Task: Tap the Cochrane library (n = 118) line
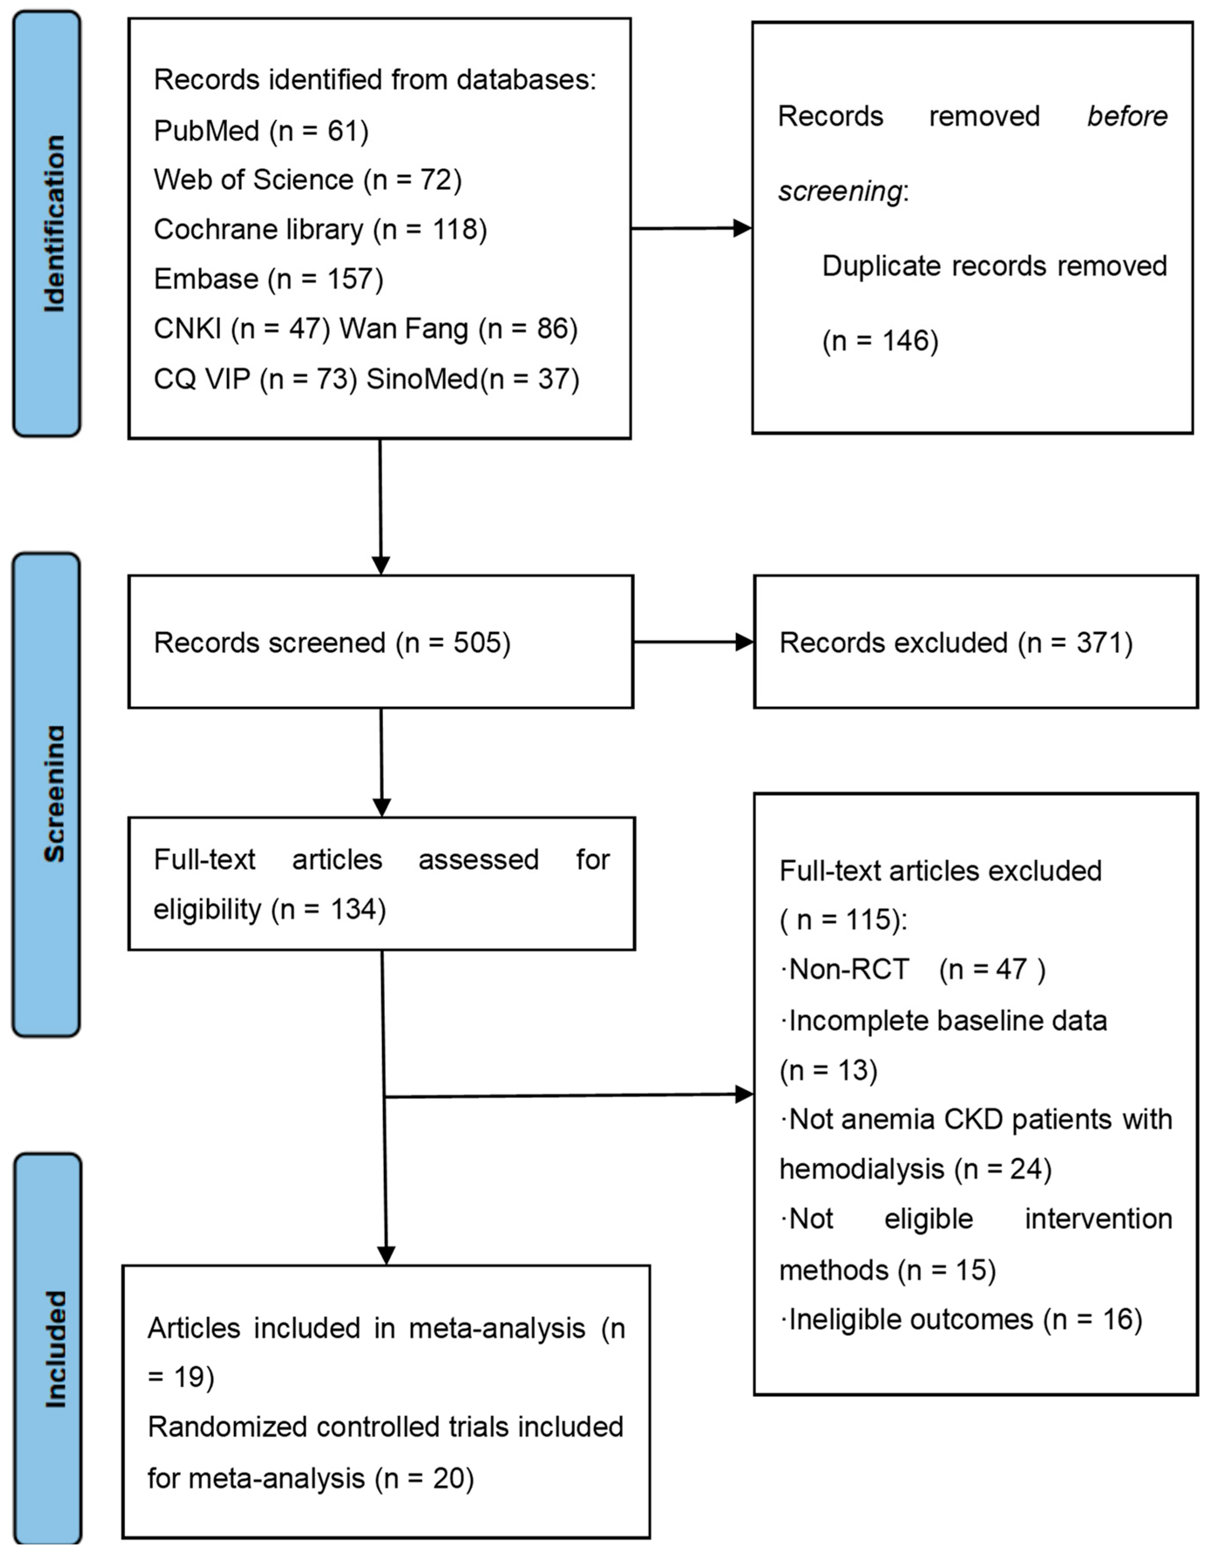[320, 229]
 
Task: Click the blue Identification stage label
[47, 223]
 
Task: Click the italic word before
[1127, 116]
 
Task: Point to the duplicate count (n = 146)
[880, 341]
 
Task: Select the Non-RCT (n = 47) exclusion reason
[913, 970]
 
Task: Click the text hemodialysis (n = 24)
[915, 1170]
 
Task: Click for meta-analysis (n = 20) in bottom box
[311, 1480]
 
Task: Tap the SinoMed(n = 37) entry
[472, 379]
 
